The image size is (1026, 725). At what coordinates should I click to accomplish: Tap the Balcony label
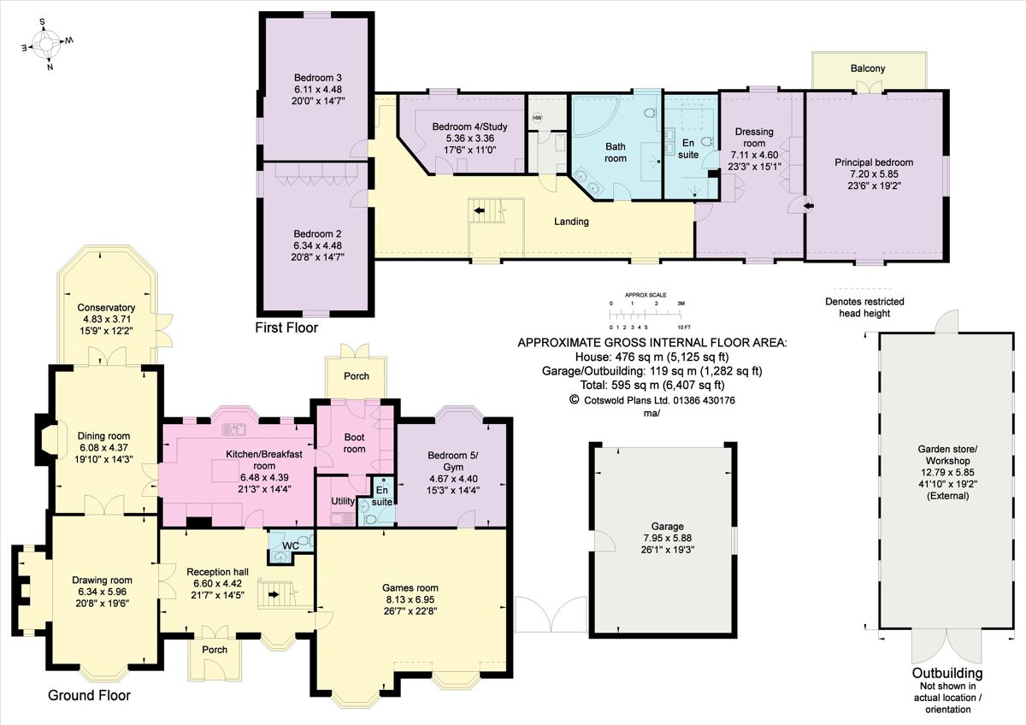click(867, 68)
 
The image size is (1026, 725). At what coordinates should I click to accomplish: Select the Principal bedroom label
click(874, 162)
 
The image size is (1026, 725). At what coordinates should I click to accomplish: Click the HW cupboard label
click(537, 117)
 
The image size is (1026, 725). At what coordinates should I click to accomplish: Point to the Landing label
click(571, 221)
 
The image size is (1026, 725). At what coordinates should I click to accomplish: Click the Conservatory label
click(106, 308)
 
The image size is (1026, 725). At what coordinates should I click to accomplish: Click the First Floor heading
click(286, 327)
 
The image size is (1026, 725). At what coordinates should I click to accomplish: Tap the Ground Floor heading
click(89, 695)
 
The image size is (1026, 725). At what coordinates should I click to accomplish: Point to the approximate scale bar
click(646, 310)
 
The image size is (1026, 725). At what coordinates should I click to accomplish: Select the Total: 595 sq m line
click(652, 385)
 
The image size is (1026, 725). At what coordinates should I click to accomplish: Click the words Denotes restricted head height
click(864, 307)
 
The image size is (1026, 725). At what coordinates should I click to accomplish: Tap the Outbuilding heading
click(946, 673)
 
